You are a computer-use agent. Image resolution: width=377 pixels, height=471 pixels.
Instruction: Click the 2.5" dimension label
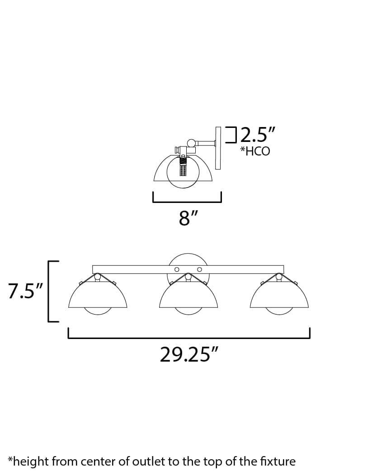pyautogui.click(x=257, y=135)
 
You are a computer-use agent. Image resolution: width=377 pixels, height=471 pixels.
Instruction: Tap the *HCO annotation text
pyautogui.click(x=254, y=151)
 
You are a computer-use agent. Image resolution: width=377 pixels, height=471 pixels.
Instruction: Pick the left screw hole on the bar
pyautogui.click(x=177, y=270)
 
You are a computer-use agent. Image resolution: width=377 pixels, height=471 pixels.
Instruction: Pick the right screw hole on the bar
pyautogui.click(x=199, y=270)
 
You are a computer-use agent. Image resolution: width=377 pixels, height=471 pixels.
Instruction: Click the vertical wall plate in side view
pyautogui.click(x=218, y=148)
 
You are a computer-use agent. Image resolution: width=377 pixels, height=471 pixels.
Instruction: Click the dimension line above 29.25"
pyautogui.click(x=188, y=337)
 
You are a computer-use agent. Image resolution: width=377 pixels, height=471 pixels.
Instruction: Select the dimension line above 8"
pyautogui.click(x=187, y=201)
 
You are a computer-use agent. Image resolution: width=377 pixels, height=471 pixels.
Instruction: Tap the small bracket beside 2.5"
pyautogui.click(x=232, y=135)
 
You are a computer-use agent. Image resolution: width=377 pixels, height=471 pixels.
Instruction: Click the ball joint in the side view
pyautogui.click(x=191, y=143)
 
